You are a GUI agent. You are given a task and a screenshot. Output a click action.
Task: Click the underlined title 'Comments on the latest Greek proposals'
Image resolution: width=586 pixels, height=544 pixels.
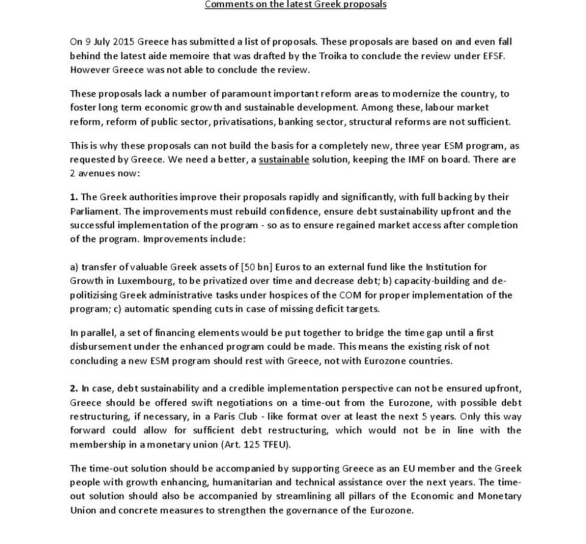click(295, 5)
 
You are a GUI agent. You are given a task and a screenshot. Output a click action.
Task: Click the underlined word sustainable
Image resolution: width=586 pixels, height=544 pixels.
click(284, 159)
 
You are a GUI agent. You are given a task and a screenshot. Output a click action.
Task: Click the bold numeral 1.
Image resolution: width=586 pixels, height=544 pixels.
click(74, 197)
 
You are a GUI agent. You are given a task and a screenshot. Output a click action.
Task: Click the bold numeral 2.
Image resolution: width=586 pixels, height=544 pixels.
click(74, 388)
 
